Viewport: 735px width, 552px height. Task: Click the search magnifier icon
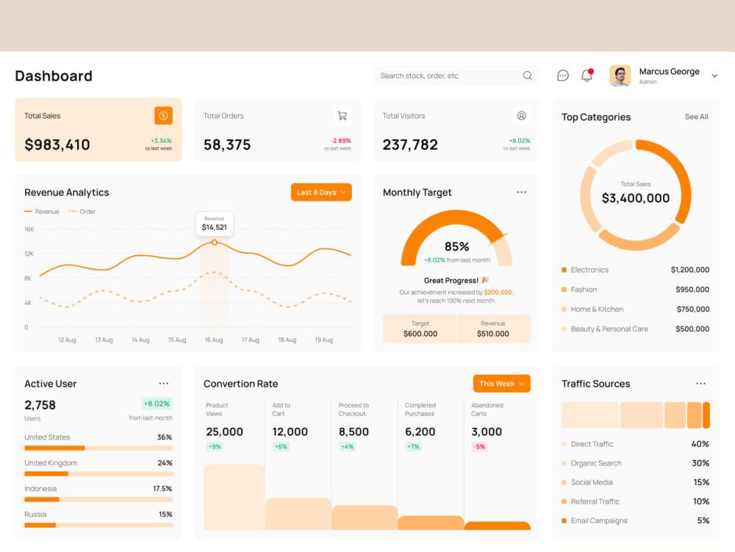click(527, 76)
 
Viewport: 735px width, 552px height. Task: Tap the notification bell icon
click(587, 76)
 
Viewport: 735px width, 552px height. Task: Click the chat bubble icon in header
click(562, 76)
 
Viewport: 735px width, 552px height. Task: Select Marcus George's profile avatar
click(620, 76)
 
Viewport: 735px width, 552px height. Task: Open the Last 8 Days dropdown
click(321, 192)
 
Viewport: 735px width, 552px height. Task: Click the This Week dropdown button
click(501, 383)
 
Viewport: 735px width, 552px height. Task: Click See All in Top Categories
click(696, 117)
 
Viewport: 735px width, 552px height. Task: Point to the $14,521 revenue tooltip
click(214, 224)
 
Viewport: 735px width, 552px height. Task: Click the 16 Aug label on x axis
click(214, 340)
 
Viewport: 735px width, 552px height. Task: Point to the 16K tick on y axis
click(29, 229)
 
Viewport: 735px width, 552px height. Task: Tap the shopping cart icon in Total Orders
click(343, 115)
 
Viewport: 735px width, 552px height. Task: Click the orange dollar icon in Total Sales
click(163, 115)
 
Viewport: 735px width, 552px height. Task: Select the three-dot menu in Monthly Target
click(521, 192)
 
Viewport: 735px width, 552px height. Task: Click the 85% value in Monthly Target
click(456, 246)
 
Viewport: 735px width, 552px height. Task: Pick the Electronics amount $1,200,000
click(689, 270)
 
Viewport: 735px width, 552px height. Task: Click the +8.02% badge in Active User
click(157, 404)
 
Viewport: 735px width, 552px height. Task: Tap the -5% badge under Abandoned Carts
click(479, 447)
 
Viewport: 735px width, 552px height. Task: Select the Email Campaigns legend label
click(598, 520)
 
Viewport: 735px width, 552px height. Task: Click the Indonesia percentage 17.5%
click(162, 489)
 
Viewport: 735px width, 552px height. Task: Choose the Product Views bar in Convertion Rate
click(234, 497)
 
